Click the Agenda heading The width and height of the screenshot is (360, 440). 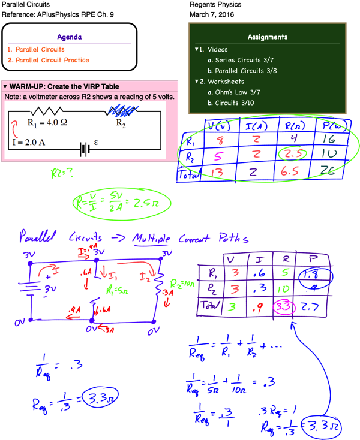(70, 37)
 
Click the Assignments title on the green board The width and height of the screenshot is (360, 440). (268, 37)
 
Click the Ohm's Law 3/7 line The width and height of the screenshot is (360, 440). (236, 92)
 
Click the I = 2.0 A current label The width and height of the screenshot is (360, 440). (29, 143)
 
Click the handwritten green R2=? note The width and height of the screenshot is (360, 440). (62, 174)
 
